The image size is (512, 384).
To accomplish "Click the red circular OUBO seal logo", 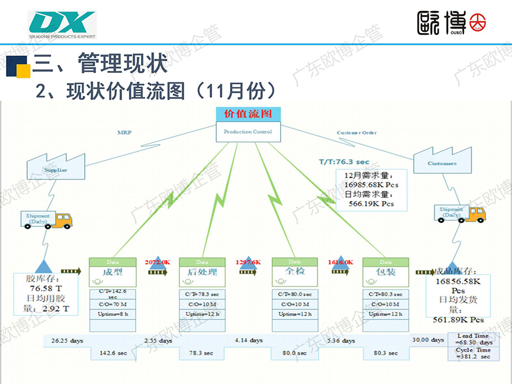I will [478, 22].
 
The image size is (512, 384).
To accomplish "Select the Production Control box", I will [248, 132].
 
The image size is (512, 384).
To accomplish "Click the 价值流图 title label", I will [248, 114].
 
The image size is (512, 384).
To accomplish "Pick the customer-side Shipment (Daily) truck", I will [461, 214].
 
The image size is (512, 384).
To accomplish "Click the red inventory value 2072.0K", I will [157, 262].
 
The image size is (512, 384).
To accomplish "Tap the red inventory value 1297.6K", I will [248, 262].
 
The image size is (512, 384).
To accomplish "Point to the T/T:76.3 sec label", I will [344, 162].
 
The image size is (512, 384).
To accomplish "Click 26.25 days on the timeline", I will [67, 341].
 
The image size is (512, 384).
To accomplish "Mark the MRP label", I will [124, 132].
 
